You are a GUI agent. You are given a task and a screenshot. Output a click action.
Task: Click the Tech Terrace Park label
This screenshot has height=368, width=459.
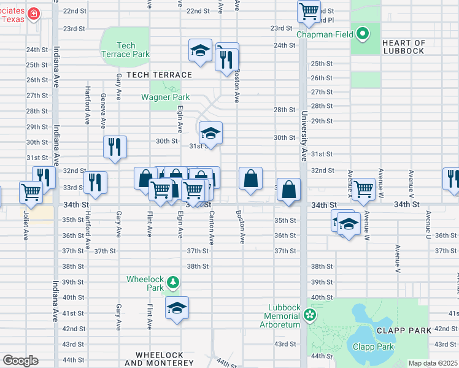click(x=125, y=50)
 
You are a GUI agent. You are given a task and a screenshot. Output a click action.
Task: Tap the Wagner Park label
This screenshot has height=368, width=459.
click(x=165, y=97)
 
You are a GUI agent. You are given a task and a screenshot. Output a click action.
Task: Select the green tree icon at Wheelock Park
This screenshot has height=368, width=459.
click(x=174, y=282)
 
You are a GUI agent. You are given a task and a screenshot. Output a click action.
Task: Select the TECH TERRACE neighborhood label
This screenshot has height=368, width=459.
click(x=159, y=75)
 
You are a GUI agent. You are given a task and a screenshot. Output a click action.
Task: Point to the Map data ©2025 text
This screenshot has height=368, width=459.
click(x=432, y=363)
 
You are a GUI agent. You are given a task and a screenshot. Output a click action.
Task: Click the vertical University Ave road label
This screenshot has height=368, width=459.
click(x=303, y=136)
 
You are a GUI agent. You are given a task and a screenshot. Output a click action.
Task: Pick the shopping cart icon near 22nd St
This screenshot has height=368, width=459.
click(x=309, y=10)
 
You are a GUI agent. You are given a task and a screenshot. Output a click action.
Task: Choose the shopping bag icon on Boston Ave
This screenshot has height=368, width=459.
click(x=250, y=179)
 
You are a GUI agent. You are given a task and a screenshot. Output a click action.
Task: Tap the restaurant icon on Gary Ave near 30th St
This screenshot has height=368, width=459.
click(x=115, y=147)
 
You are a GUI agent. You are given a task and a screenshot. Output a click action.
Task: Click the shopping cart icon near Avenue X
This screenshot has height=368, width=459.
click(x=363, y=188)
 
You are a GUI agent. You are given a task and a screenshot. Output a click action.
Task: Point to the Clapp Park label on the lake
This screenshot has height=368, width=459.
click(x=372, y=347)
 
